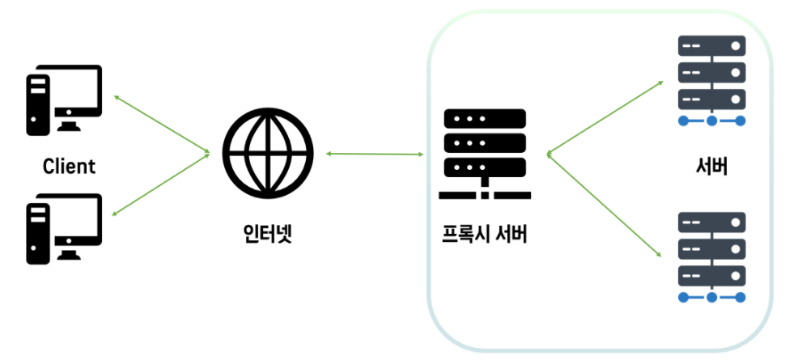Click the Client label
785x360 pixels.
[x=69, y=167]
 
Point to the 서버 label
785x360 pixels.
[x=711, y=167]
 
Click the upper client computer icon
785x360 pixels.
[x=64, y=99]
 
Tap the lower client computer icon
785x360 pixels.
[x=64, y=229]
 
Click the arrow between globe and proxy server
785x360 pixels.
[x=375, y=153]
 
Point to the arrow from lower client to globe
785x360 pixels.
[x=162, y=184]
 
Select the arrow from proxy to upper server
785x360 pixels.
[x=603, y=116]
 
